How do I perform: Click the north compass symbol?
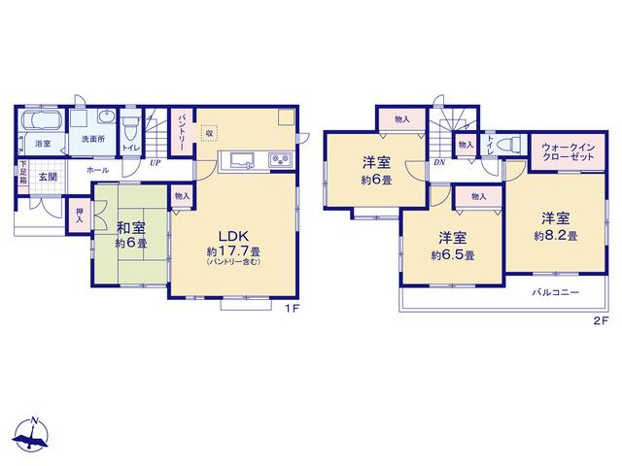pyautogui.click(x=31, y=435)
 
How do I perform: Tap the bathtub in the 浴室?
pyautogui.click(x=41, y=119)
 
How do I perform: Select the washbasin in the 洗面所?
pyautogui.click(x=106, y=116)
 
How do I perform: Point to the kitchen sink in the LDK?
pyautogui.click(x=242, y=161)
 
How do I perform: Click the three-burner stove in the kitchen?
pyautogui.click(x=281, y=160)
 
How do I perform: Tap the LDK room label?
pyautogui.click(x=233, y=236)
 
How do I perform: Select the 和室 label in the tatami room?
pyautogui.click(x=130, y=228)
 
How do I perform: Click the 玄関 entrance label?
pyautogui.click(x=48, y=177)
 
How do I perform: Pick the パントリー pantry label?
pyautogui.click(x=183, y=133)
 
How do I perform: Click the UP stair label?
pyautogui.click(x=155, y=162)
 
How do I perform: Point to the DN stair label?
pyautogui.click(x=439, y=162)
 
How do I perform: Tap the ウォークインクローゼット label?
pyautogui.click(x=568, y=151)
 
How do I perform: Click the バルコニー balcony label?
pyautogui.click(x=555, y=293)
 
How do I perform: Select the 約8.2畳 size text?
pyautogui.click(x=555, y=236)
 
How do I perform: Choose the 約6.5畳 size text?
pyautogui.click(x=453, y=255)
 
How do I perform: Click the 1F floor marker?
pyautogui.click(x=292, y=309)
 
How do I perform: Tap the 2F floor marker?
pyautogui.click(x=601, y=321)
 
